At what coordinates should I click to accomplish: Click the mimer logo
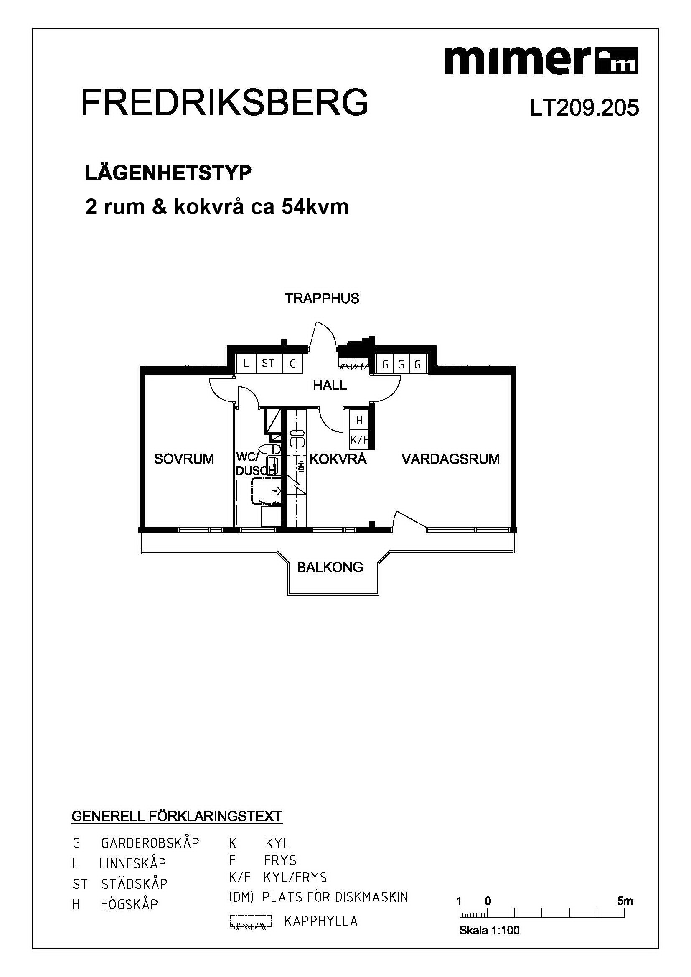(541, 61)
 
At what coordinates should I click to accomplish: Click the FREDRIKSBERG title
(224, 103)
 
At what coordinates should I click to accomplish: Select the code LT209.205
(584, 108)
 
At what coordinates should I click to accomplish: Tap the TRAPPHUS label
(322, 299)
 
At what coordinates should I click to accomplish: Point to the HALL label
(330, 386)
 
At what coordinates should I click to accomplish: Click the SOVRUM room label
(184, 459)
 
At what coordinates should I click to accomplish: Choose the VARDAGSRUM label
(450, 459)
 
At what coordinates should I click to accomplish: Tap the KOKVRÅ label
(338, 459)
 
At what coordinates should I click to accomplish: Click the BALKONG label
(330, 567)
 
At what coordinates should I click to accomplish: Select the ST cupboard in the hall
(268, 364)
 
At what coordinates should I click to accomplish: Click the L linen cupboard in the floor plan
(246, 364)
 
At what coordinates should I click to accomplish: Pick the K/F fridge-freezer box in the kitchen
(359, 440)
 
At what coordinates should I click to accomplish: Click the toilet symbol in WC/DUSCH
(270, 449)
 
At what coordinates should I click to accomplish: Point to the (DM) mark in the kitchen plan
(301, 467)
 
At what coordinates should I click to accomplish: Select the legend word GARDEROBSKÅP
(150, 843)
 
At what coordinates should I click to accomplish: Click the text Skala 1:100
(489, 930)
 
